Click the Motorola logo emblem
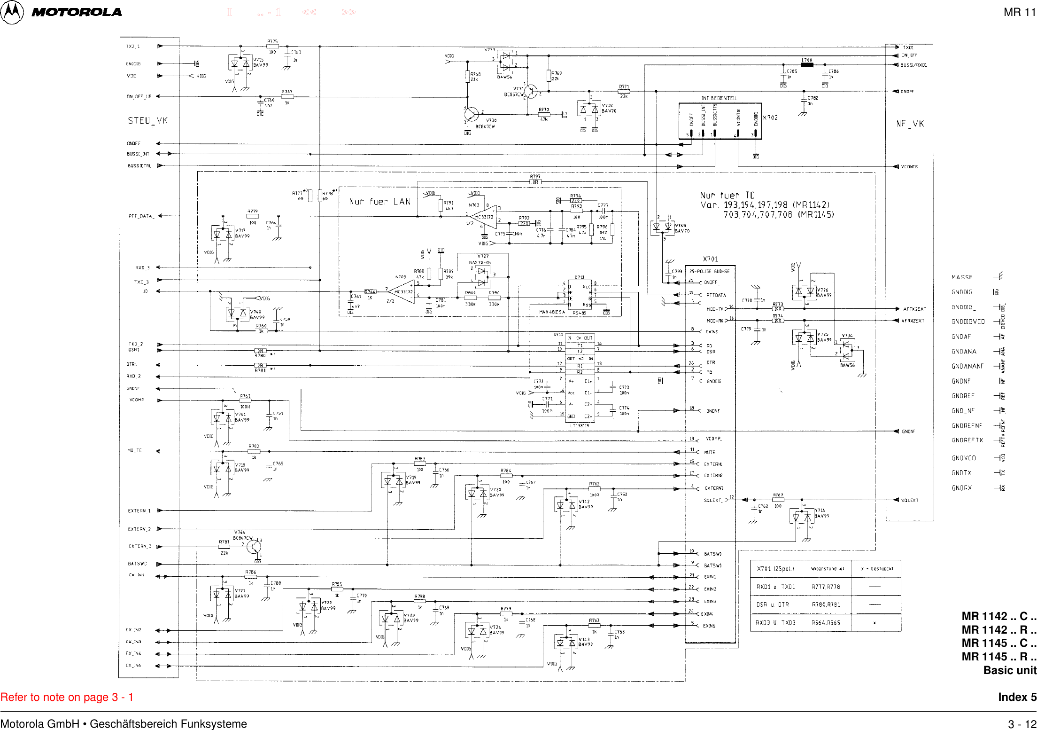click(x=12, y=12)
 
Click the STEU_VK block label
click(x=147, y=120)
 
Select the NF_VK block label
click(x=910, y=124)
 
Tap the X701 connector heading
click(x=710, y=259)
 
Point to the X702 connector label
click(x=770, y=118)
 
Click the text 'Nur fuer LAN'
click(x=379, y=202)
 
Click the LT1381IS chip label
click(x=579, y=425)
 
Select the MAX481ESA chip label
click(x=552, y=312)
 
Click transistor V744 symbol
click(x=254, y=547)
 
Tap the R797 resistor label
click(x=535, y=177)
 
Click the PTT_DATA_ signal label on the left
click(x=141, y=216)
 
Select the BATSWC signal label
click(x=137, y=564)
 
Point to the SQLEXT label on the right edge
click(x=910, y=500)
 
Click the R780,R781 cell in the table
click(x=826, y=604)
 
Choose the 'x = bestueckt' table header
click(x=876, y=569)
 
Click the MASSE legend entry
click(x=962, y=277)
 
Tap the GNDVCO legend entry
click(x=964, y=458)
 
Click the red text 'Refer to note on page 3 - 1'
click(x=67, y=697)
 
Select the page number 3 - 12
click(x=1022, y=724)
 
